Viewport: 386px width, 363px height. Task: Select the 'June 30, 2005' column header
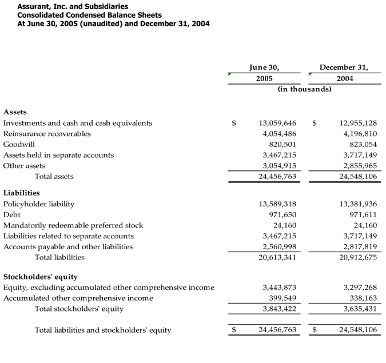264,73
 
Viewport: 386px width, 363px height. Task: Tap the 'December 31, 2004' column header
344,73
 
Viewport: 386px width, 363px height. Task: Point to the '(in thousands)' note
304,89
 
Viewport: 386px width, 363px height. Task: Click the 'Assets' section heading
15,112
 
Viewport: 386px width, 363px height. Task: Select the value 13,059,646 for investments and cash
277,123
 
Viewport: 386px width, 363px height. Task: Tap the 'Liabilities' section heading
22,193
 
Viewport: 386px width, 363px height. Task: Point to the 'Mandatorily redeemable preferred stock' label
73,225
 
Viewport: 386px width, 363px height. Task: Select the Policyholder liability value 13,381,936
358,204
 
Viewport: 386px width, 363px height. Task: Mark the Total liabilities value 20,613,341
277,257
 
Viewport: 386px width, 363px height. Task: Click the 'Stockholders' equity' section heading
41,277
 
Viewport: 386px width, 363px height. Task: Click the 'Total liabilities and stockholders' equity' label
103,330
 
